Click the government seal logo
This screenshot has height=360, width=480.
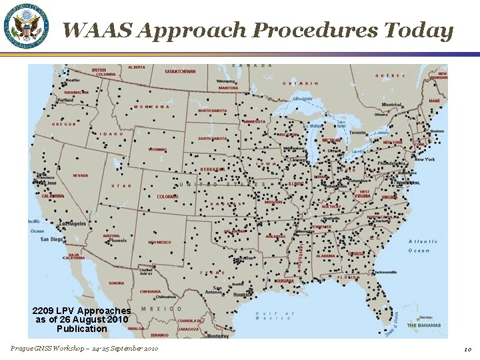tap(27, 27)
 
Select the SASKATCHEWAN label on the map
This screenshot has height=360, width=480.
tap(180, 71)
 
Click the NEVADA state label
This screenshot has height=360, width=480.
tap(80, 176)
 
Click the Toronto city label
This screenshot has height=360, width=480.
tap(358, 133)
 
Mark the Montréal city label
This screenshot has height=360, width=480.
tap(391, 105)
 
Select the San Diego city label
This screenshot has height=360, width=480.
tap(52, 239)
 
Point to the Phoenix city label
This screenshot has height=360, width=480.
tap(111, 241)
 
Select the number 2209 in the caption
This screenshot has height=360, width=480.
tap(44, 311)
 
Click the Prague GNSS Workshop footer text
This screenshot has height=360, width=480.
tap(84, 349)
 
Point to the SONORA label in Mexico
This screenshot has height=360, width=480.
tap(117, 283)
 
